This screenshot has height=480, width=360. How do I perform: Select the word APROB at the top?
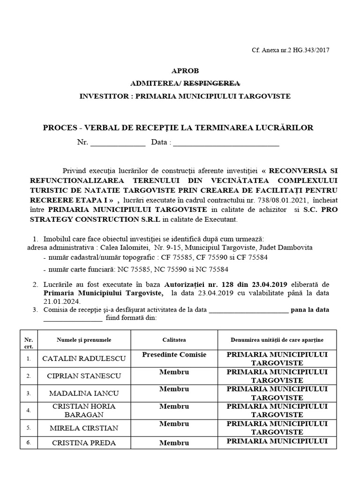(185, 71)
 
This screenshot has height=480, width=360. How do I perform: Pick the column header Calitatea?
(174, 339)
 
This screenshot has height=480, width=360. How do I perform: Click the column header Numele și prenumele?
(84, 339)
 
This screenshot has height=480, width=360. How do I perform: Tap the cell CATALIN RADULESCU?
(84, 359)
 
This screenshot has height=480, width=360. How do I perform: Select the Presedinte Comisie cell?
(174, 355)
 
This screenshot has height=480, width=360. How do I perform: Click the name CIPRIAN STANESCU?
(84, 376)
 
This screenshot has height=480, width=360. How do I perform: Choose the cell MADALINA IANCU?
(84, 393)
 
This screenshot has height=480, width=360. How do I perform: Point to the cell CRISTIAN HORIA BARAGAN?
(84, 410)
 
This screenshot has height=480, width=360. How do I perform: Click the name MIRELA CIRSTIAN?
(84, 427)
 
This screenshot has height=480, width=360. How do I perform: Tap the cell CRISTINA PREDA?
(84, 442)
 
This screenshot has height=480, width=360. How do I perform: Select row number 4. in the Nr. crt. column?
(29, 411)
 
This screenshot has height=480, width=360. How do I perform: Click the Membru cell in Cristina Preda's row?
(174, 442)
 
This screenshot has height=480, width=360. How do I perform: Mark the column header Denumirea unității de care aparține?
(277, 339)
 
